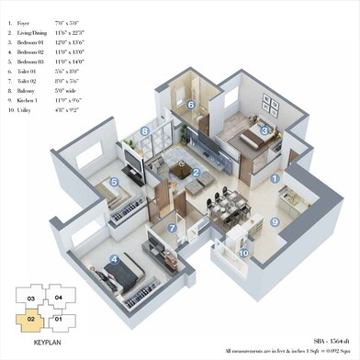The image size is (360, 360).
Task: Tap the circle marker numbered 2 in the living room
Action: tap(196, 172)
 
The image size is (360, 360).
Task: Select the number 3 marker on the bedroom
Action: tap(264, 131)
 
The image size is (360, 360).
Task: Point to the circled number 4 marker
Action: tap(115, 260)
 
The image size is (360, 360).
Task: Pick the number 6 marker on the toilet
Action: tap(190, 105)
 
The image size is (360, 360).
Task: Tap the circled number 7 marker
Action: tap(172, 228)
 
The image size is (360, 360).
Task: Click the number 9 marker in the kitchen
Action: tap(274, 221)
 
